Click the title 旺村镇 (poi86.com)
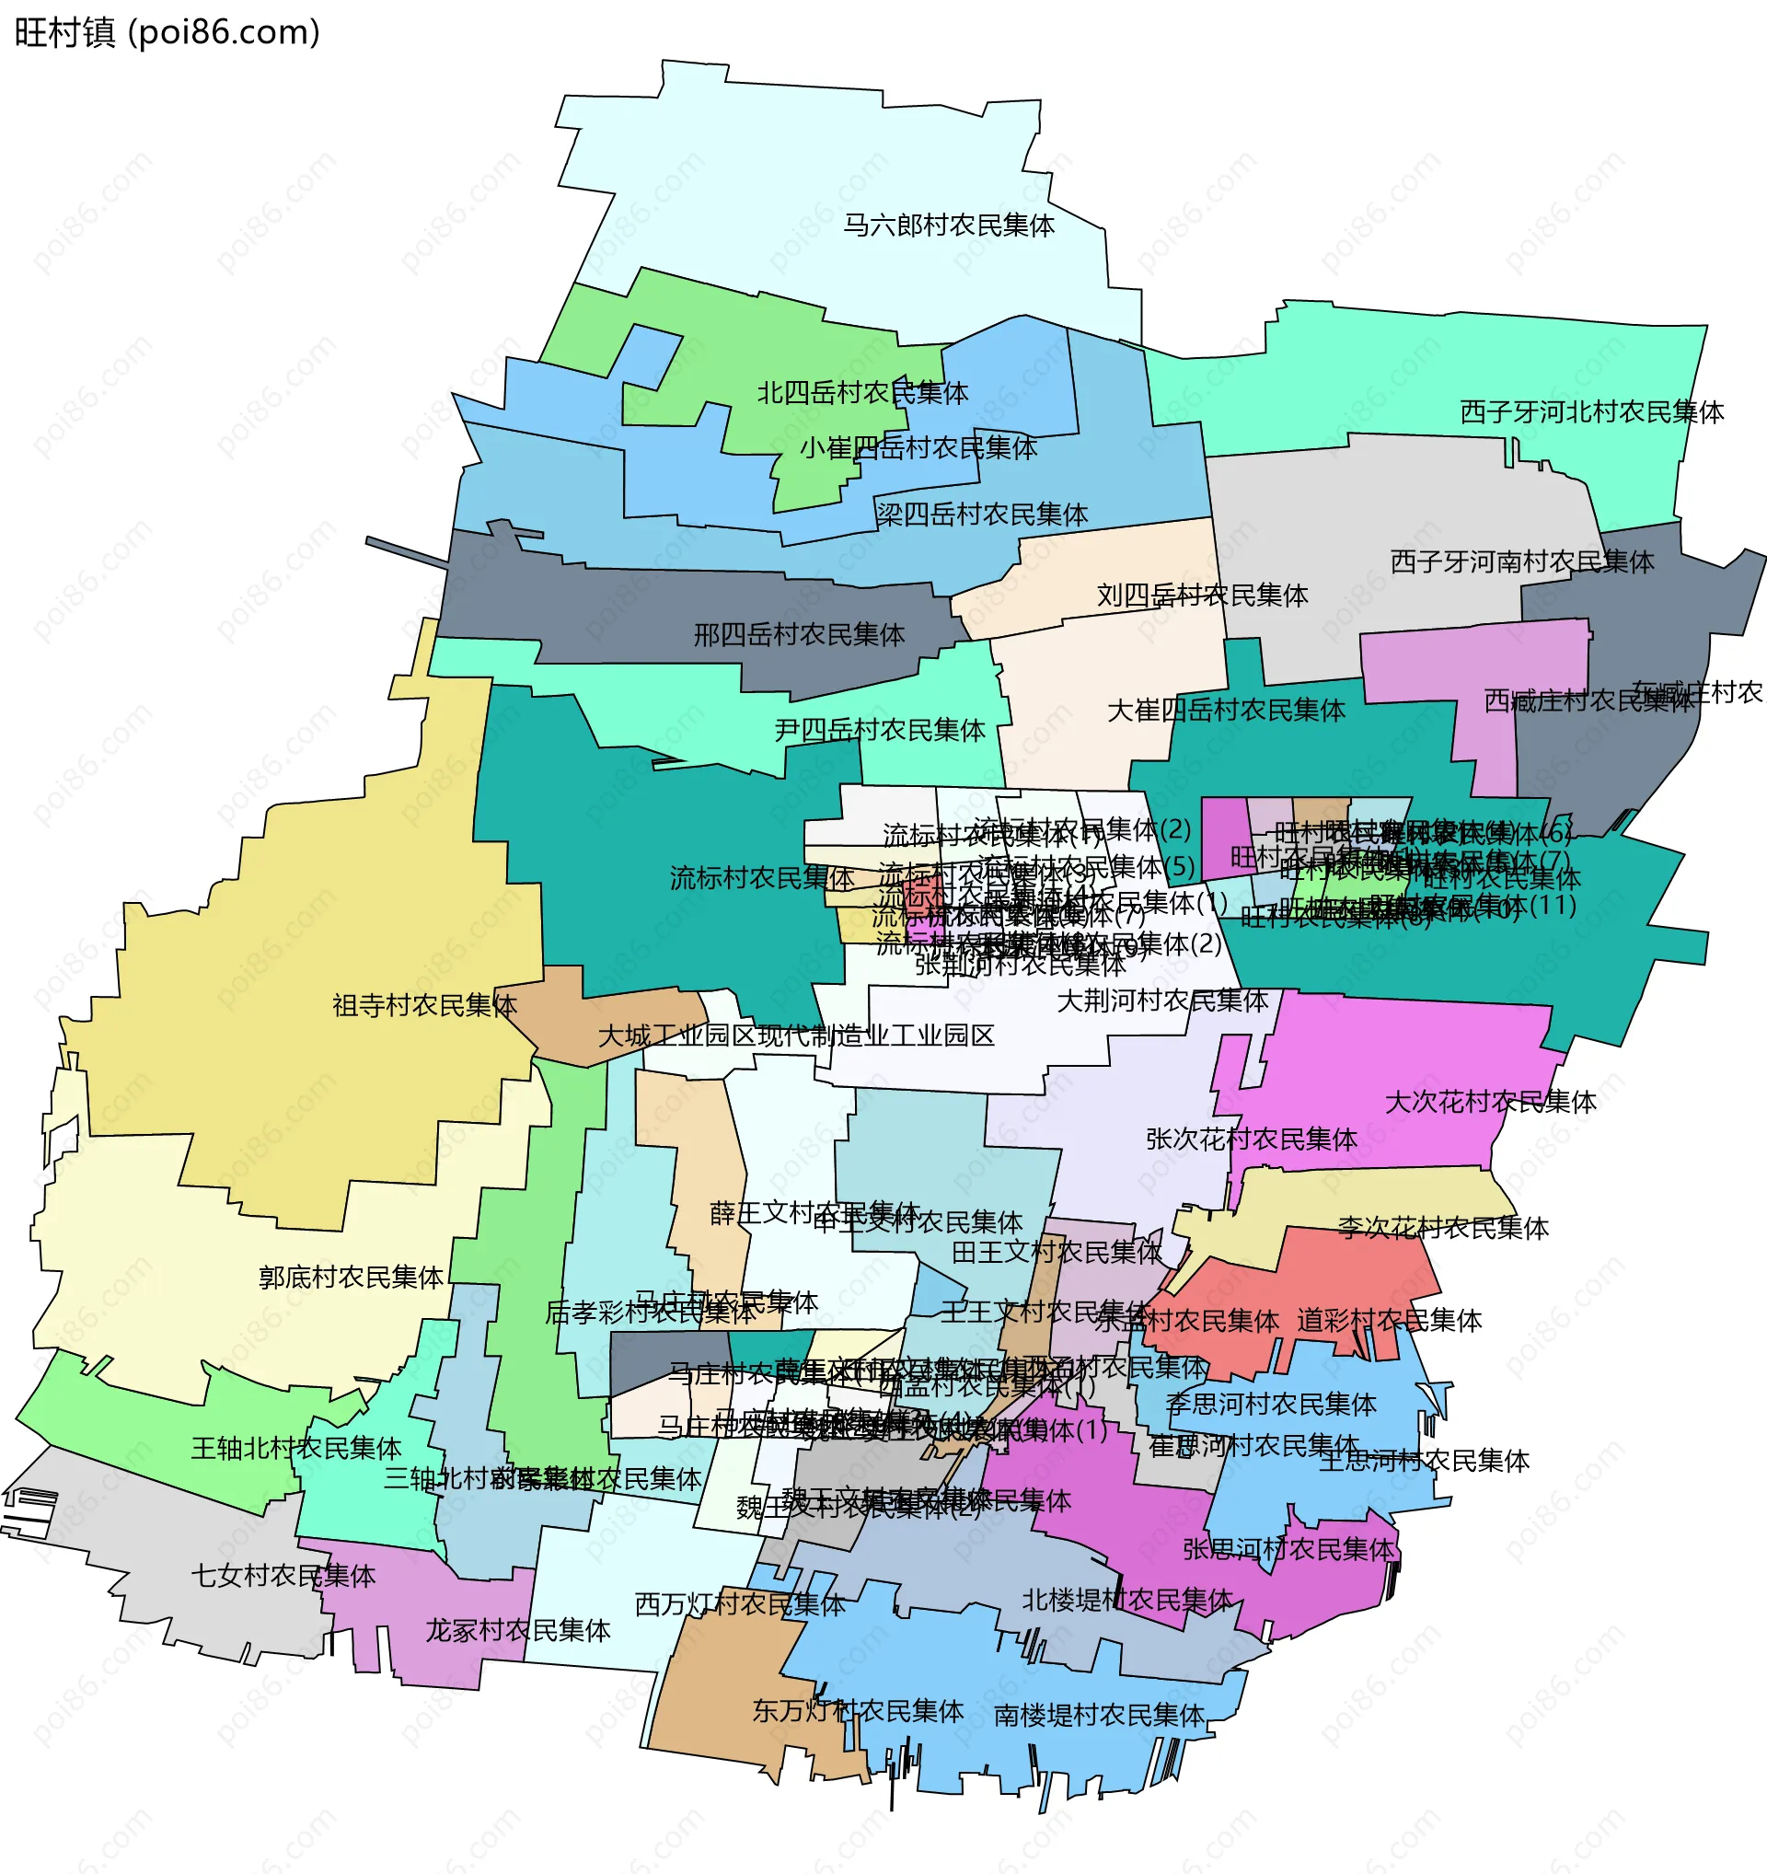click(167, 33)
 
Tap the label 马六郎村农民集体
click(948, 226)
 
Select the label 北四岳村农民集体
click(862, 393)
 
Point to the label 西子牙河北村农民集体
click(1592, 412)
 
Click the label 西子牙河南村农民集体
click(1522, 561)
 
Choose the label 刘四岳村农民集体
click(1203, 596)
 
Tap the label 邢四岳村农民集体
click(799, 635)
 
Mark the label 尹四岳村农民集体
click(879, 730)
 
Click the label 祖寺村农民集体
click(424, 1006)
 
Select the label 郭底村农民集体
click(351, 1278)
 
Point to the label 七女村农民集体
click(283, 1575)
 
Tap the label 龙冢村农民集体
click(517, 1630)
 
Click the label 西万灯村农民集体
click(740, 1603)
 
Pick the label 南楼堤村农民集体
click(1099, 1715)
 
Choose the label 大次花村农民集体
click(1490, 1102)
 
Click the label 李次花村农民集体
click(1443, 1228)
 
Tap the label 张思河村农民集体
click(1288, 1549)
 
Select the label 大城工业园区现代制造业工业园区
click(796, 1036)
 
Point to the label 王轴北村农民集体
click(296, 1448)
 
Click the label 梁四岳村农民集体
click(982, 515)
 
